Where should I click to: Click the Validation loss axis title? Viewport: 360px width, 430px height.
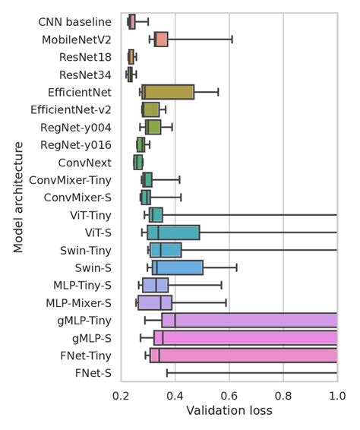(x=229, y=411)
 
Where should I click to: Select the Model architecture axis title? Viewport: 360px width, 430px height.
(x=18, y=198)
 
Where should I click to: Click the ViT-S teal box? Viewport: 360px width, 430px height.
(x=173, y=232)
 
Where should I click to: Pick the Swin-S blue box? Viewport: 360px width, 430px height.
(x=178, y=267)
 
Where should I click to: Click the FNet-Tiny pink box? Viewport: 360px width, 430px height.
(x=243, y=355)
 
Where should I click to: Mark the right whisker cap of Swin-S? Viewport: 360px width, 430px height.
(x=237, y=267)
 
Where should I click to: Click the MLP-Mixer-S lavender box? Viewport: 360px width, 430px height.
(x=155, y=302)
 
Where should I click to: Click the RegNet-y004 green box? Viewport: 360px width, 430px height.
(x=153, y=127)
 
